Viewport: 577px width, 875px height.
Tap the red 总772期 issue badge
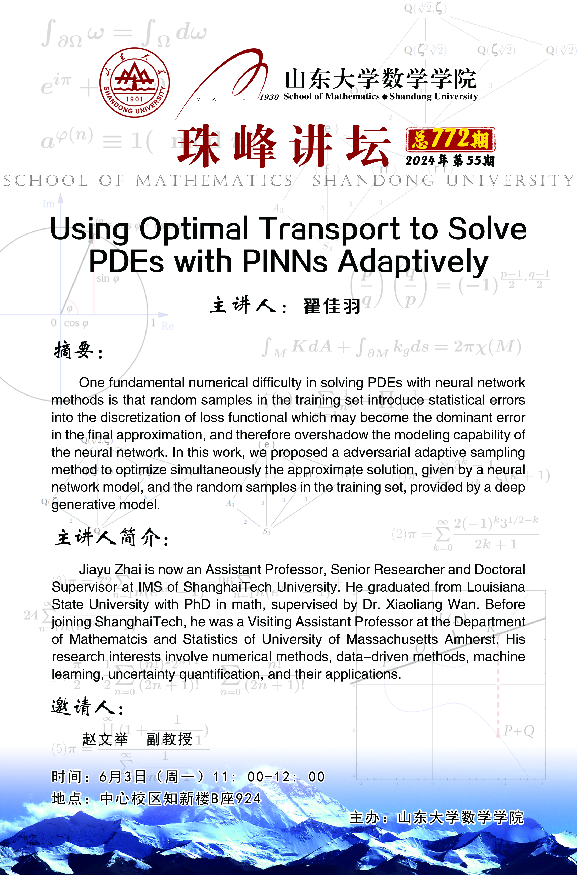[450, 140]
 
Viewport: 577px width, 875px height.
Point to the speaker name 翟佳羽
[332, 306]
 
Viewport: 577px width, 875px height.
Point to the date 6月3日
[122, 777]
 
